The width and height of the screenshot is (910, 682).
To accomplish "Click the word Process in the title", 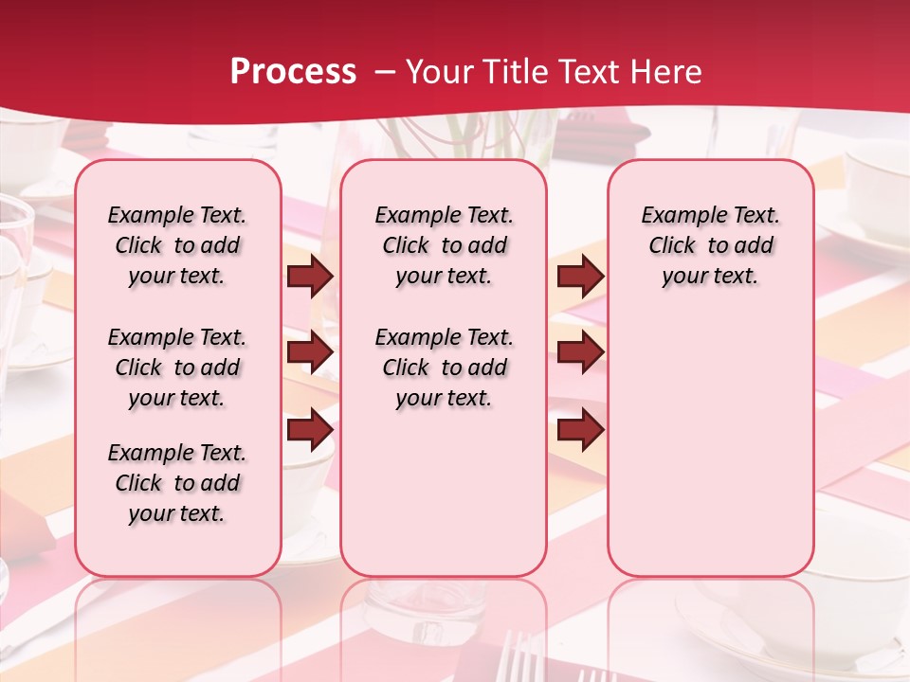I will pyautogui.click(x=293, y=72).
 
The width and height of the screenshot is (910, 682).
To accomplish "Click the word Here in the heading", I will pyautogui.click(x=668, y=72).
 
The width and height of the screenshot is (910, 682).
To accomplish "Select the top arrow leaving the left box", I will pyautogui.click(x=310, y=277).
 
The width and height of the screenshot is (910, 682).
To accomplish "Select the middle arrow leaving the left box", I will pyautogui.click(x=310, y=353).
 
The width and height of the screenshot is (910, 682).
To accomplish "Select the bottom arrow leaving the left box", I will pyautogui.click(x=310, y=429).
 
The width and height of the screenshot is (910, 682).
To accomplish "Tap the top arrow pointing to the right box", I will pyautogui.click(x=580, y=277).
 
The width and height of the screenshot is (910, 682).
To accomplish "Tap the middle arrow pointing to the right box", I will pyautogui.click(x=580, y=353).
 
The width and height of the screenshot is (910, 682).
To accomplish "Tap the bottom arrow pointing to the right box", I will pyautogui.click(x=580, y=429).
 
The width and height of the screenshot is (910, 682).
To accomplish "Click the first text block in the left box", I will pyautogui.click(x=177, y=245).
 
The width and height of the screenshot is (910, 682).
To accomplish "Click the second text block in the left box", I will pyautogui.click(x=177, y=368).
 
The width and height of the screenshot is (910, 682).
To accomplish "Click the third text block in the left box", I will pyautogui.click(x=177, y=483).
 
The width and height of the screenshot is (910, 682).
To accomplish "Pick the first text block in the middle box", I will pyautogui.click(x=444, y=245).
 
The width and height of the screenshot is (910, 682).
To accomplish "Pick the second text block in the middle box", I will pyautogui.click(x=444, y=368).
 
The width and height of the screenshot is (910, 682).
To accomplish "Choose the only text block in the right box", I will pyautogui.click(x=710, y=245).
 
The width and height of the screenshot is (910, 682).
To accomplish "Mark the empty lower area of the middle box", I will pyautogui.click(x=444, y=493).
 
